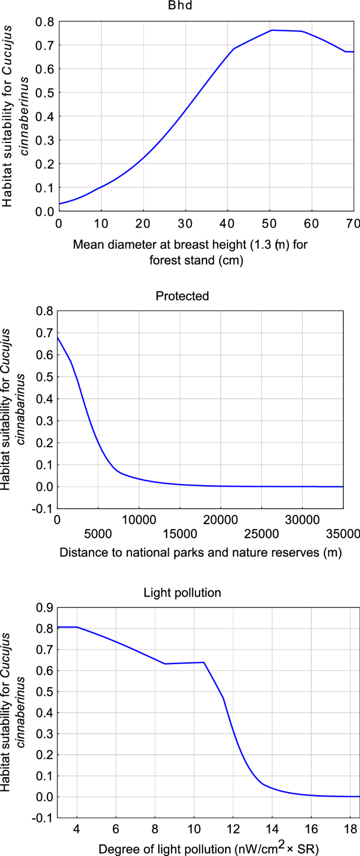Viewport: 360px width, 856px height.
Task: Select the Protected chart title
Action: pos(182,296)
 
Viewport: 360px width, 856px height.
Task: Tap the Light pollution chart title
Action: pos(182,593)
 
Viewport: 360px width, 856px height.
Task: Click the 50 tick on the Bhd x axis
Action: pos(270,223)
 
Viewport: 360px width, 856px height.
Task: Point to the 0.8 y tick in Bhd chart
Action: pos(45,22)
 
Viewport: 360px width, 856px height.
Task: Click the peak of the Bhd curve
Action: pos(272,30)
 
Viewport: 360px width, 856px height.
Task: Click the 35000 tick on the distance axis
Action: pos(343,534)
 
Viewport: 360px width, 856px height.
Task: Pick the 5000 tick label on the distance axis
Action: pos(98,534)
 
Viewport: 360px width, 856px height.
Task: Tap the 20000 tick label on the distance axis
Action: pos(221,520)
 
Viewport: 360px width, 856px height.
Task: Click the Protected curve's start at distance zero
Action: pos(58,337)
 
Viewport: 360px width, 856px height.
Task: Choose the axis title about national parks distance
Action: pos(200,552)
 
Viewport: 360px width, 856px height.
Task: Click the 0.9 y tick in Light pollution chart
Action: pos(45,607)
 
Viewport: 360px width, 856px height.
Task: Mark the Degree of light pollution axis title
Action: pos(209,848)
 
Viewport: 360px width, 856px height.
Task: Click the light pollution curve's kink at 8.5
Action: pos(165,664)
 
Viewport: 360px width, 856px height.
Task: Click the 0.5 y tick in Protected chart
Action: pos(45,377)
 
